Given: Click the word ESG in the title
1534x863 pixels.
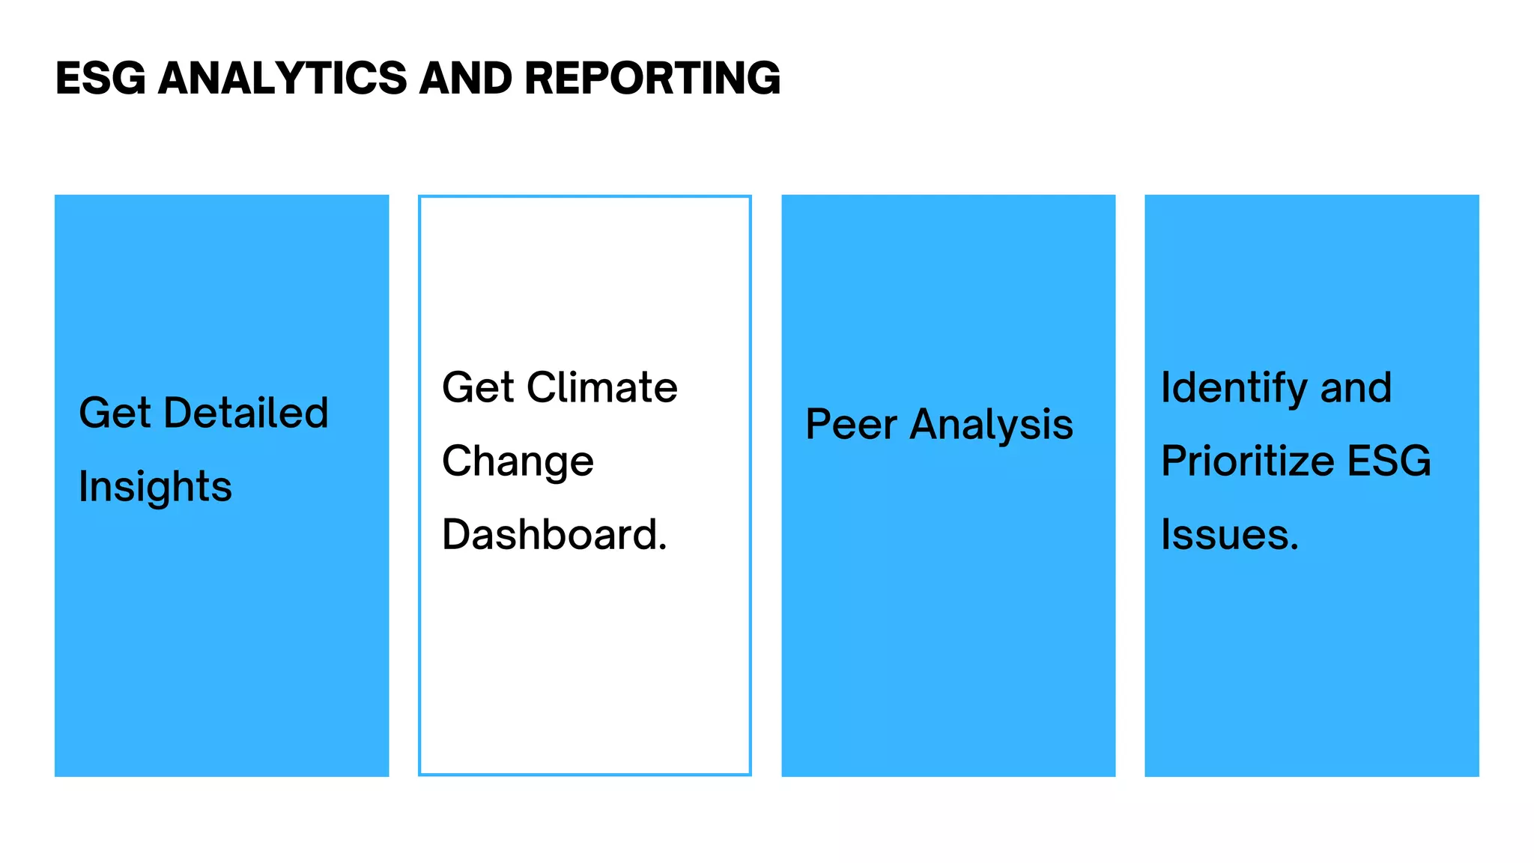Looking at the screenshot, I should (100, 78).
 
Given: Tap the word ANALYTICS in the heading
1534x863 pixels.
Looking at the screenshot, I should (282, 78).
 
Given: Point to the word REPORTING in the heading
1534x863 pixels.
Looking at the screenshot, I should (652, 78).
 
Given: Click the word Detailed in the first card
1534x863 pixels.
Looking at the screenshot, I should (246, 413).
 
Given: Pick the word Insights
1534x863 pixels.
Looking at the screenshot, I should (155, 488).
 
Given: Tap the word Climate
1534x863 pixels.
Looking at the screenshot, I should (601, 387).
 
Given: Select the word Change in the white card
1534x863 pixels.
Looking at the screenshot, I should (518, 461).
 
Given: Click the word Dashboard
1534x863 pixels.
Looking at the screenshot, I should (550, 535).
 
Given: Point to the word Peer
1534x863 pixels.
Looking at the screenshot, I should (851, 425).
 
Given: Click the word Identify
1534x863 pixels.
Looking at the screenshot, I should (1234, 389).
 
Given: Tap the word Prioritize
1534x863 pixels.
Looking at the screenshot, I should (1247, 461).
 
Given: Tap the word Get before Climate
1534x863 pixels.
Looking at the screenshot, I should (478, 387).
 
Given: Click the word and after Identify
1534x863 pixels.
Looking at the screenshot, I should (1355, 388).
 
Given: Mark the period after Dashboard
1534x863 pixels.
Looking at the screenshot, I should (662, 549).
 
